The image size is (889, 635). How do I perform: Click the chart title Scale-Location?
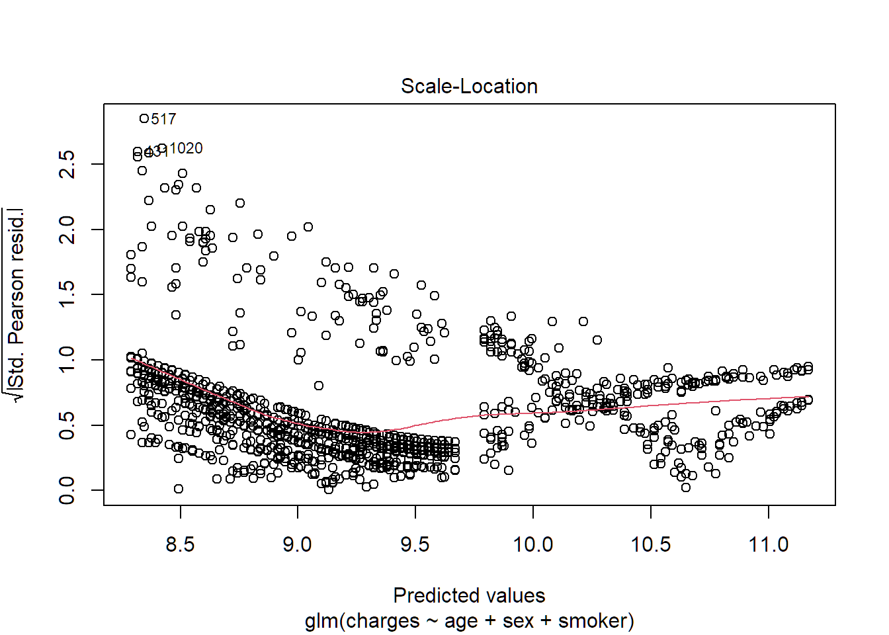pos(469,87)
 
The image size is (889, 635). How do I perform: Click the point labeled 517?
pos(144,118)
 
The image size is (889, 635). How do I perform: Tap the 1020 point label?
pos(186,148)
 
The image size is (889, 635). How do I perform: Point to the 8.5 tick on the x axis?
pos(180,544)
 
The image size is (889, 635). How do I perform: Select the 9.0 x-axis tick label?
pos(298,544)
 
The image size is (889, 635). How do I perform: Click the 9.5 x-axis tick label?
pos(415,544)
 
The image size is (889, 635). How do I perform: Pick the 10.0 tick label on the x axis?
pos(533,544)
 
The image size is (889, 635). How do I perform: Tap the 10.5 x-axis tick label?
pos(651,544)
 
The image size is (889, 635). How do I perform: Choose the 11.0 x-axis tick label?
pos(769,544)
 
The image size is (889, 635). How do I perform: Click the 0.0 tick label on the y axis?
pos(67,490)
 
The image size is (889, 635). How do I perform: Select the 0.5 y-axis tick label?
pos(67,425)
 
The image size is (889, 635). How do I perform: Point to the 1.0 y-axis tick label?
pos(67,359)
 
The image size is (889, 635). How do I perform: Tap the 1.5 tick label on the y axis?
pos(67,294)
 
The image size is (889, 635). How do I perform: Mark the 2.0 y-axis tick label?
pos(67,229)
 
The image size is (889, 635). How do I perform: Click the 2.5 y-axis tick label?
pos(67,164)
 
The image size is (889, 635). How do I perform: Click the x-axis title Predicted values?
pos(469,595)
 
